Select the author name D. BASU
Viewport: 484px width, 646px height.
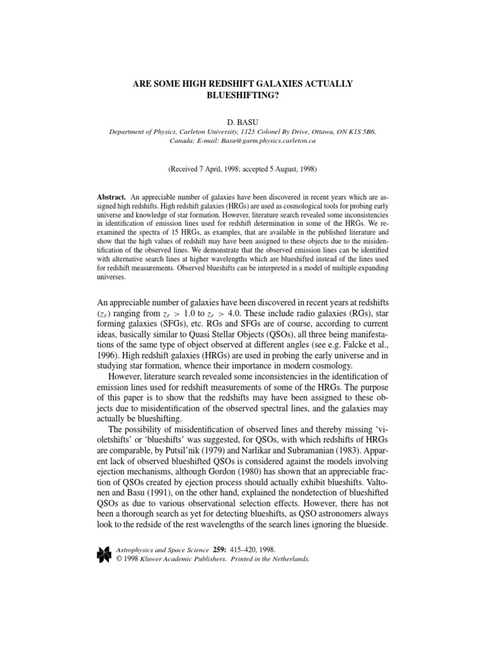pos(242,120)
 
